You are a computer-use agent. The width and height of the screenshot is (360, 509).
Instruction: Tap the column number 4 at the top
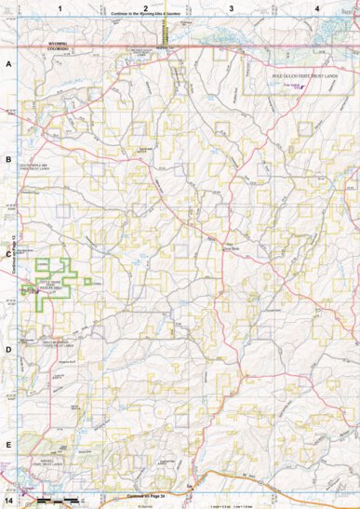317,7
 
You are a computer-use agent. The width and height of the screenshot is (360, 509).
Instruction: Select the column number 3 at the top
231,7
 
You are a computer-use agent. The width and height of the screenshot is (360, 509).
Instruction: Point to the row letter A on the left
8,65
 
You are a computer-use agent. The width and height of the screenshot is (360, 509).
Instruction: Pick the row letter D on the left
8,350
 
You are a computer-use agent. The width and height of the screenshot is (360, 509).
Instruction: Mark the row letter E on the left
8,445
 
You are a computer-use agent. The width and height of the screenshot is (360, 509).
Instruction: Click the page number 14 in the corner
8,502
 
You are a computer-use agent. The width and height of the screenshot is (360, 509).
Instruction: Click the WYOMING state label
41,41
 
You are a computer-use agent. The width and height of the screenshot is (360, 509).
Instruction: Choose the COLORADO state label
41,47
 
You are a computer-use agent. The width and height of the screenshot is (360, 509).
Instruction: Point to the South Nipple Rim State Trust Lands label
37,168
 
